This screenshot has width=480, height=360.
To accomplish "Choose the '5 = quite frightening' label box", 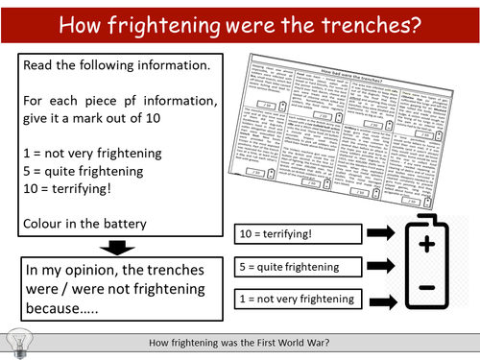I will [x=298, y=266].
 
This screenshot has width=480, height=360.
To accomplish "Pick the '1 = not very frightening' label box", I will [x=298, y=300].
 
